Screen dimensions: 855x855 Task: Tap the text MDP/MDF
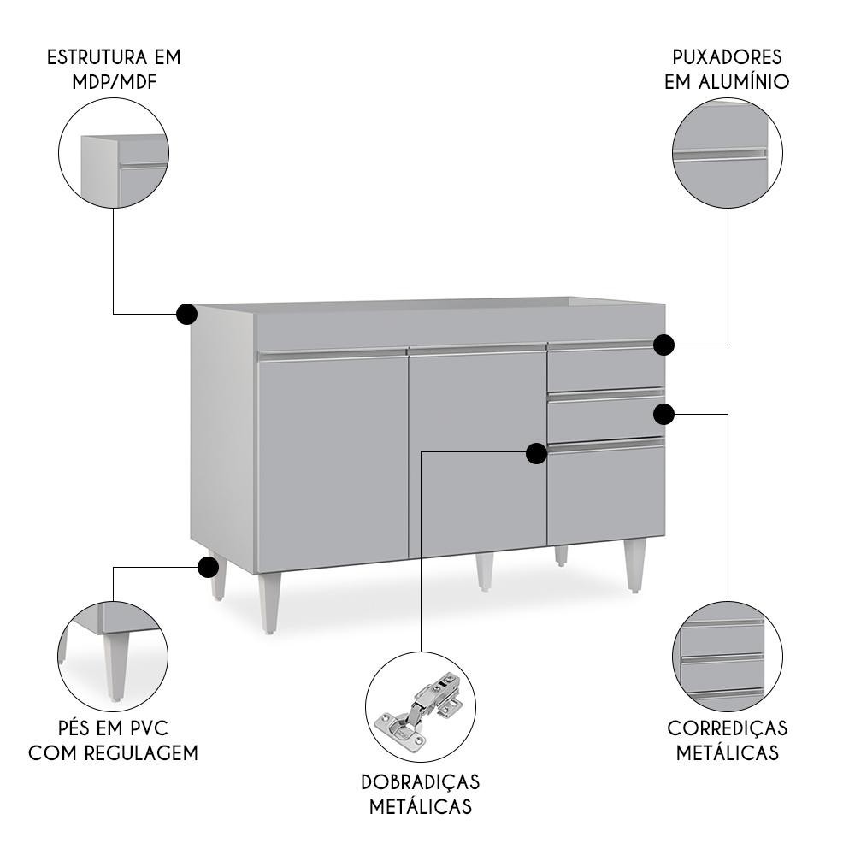(115, 82)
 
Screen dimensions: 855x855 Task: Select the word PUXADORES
(727, 57)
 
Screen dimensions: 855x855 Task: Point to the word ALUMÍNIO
(744, 82)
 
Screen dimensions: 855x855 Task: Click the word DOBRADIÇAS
(421, 782)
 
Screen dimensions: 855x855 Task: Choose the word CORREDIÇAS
(728, 728)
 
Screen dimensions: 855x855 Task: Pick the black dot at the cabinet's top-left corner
(186, 314)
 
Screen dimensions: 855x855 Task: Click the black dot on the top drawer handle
(664, 345)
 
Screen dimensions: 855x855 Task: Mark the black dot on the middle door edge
(537, 453)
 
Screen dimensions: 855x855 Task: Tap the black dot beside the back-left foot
(208, 567)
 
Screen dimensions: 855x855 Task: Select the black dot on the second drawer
(663, 415)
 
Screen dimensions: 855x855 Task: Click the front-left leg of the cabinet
(269, 603)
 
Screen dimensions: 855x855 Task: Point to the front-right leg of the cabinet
(634, 565)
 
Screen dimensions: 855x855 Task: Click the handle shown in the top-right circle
(720, 155)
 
